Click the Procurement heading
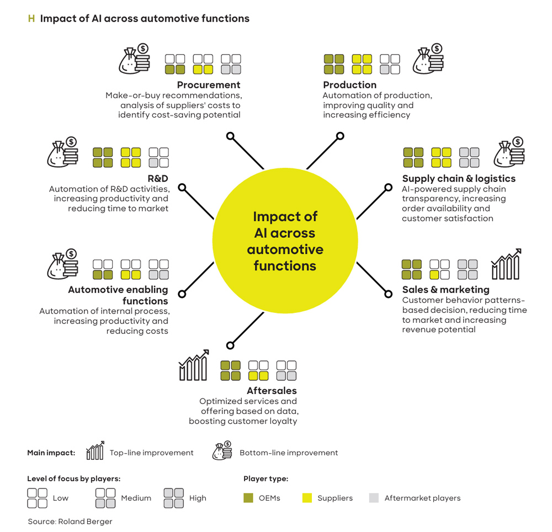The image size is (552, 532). pyautogui.click(x=209, y=85)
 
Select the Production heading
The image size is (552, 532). pyautogui.click(x=349, y=85)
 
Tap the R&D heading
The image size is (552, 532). pyautogui.click(x=158, y=178)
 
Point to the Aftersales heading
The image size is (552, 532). pyautogui.click(x=272, y=391)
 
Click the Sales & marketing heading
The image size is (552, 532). pyautogui.click(x=445, y=290)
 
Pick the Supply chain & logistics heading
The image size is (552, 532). pyautogui.click(x=459, y=179)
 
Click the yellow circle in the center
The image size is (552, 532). pyautogui.click(x=285, y=241)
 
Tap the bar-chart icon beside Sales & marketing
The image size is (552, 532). pyautogui.click(x=506, y=264)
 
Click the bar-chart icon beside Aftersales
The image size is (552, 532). pyautogui.click(x=194, y=365)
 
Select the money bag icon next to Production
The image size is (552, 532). pyautogui.click(x=428, y=58)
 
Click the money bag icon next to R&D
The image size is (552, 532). pyautogui.click(x=63, y=152)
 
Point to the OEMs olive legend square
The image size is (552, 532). pyautogui.click(x=248, y=498)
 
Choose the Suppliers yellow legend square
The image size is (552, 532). pyautogui.click(x=307, y=498)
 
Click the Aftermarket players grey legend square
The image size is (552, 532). pyautogui.click(x=374, y=498)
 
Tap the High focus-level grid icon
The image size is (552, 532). pyautogui.click(x=173, y=498)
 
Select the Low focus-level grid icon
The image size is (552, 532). pyautogui.click(x=37, y=498)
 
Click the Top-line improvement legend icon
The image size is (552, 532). pyautogui.click(x=95, y=450)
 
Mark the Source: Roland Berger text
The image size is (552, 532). pyautogui.click(x=70, y=522)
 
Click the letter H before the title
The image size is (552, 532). pyautogui.click(x=31, y=18)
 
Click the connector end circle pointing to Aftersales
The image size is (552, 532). pyautogui.click(x=230, y=345)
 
